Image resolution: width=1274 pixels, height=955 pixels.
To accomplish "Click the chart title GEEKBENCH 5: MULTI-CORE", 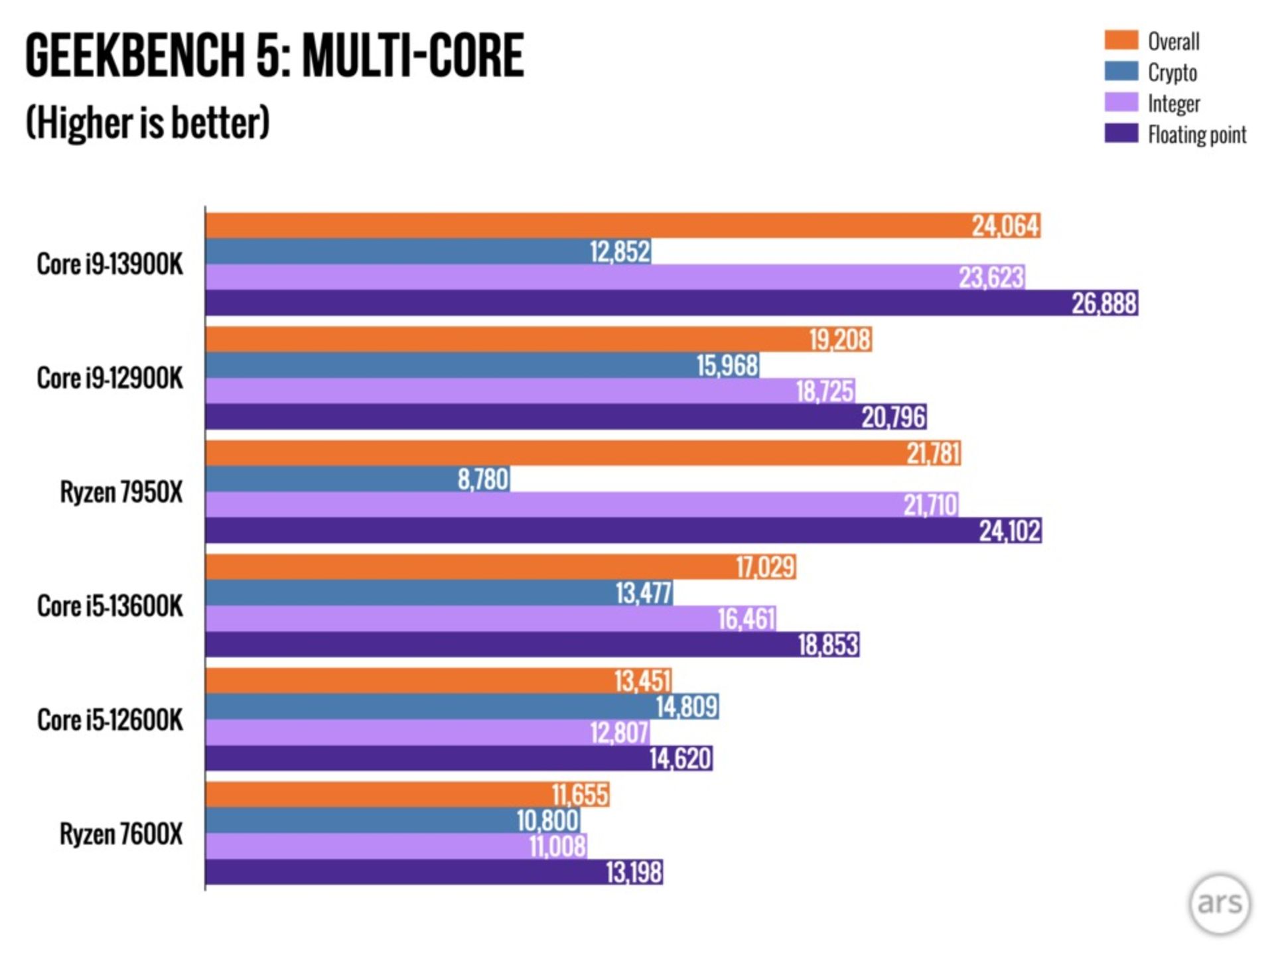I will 275,56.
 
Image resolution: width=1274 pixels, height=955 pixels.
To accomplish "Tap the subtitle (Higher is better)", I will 147,123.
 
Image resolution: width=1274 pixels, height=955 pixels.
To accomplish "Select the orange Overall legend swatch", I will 1121,40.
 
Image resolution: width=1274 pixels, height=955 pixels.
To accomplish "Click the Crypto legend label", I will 1172,72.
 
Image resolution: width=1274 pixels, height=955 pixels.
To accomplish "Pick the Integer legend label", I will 1174,103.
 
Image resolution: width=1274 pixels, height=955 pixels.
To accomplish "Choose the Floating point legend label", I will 1197,135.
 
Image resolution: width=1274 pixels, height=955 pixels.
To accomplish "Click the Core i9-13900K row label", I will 109,264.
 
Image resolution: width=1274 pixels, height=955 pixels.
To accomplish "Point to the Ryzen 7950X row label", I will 121,492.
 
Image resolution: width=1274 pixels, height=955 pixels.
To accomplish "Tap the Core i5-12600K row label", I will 109,720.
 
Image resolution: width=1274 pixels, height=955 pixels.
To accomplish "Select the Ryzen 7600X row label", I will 121,834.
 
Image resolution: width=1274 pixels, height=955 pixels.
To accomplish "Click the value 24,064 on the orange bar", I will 1005,226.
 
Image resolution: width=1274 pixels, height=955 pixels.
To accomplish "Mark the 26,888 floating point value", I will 1104,303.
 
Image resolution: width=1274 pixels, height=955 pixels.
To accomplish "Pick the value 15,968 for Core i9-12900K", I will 727,365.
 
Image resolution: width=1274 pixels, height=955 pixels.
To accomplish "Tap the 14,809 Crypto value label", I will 687,707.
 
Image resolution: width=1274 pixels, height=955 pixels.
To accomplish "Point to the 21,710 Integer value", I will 930,505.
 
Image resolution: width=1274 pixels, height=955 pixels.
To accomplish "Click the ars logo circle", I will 1220,903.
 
